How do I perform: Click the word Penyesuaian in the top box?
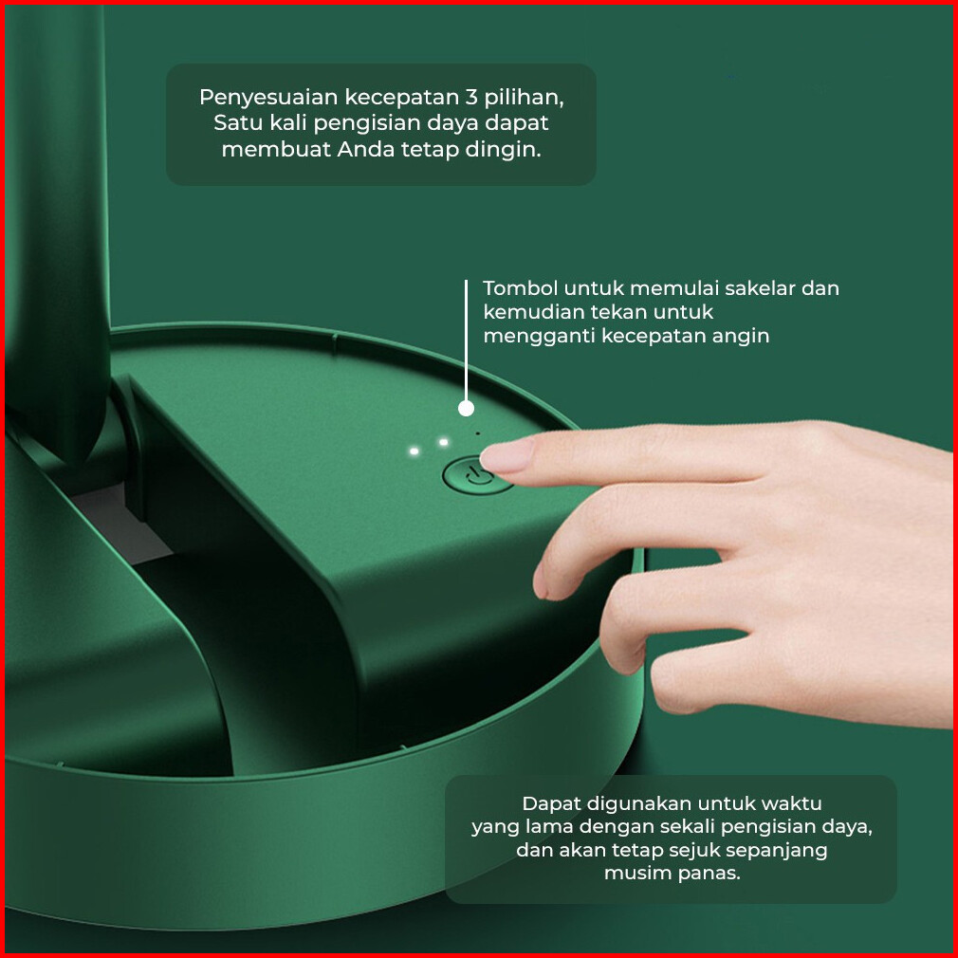click(268, 99)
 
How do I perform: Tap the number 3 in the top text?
click(471, 97)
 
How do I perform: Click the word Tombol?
click(520, 287)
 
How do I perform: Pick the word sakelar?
click(760, 287)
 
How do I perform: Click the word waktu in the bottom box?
click(792, 802)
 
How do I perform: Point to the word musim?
click(633, 873)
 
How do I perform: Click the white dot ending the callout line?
click(466, 409)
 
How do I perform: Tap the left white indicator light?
click(415, 451)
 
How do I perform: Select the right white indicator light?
click(444, 442)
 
